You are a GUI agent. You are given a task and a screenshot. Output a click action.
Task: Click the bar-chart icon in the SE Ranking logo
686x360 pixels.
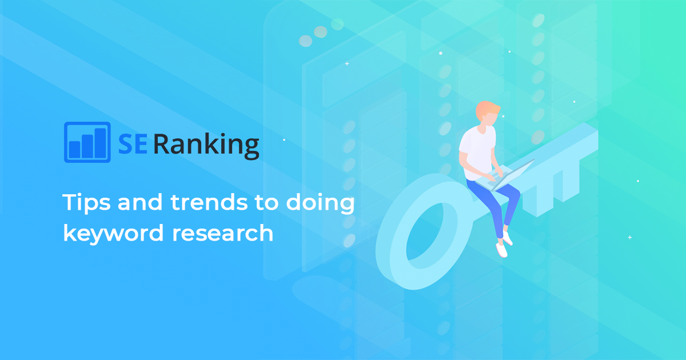click(87, 142)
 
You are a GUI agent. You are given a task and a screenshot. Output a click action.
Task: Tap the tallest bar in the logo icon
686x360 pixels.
click(101, 143)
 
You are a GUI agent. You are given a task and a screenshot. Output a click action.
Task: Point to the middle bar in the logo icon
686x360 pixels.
click(87, 146)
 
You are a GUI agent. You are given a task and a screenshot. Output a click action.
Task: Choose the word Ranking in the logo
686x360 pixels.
click(206, 145)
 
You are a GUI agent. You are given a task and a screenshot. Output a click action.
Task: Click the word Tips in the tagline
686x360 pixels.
click(83, 203)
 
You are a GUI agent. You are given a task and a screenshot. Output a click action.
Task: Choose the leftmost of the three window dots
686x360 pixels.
click(306, 41)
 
